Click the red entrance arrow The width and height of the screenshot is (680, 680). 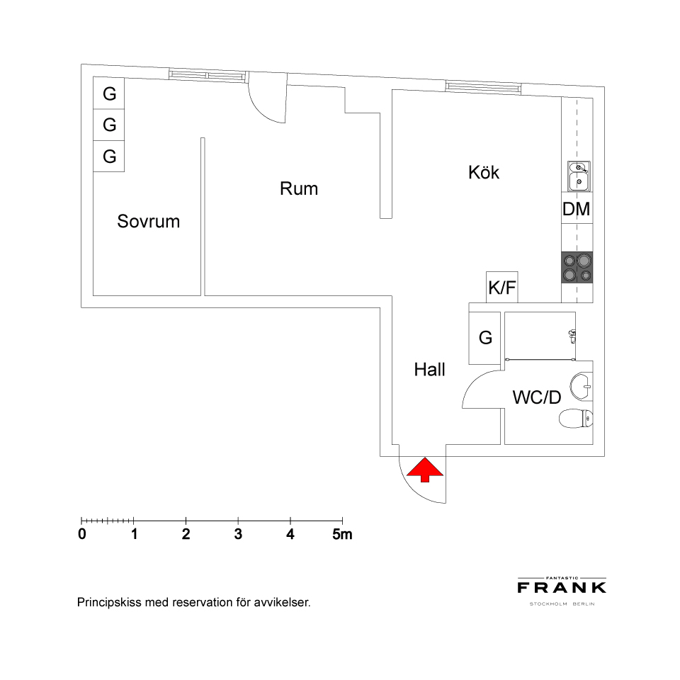(x=425, y=470)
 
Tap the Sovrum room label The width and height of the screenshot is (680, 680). (x=148, y=221)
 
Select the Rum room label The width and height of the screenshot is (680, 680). (x=299, y=188)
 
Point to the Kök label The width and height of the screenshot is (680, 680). (x=484, y=172)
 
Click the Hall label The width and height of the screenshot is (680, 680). (x=429, y=370)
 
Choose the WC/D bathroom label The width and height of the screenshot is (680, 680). (x=537, y=397)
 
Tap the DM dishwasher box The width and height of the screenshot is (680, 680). (x=577, y=208)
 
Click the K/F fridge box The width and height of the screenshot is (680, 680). (x=502, y=287)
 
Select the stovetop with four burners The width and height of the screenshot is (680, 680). (x=577, y=267)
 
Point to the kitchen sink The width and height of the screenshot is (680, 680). (x=579, y=176)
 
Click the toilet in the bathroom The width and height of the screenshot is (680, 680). (x=576, y=419)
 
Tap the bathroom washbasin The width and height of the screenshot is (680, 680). (x=581, y=385)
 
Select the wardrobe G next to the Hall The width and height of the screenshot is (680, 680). (x=484, y=338)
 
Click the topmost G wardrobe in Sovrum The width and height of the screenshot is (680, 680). (x=109, y=93)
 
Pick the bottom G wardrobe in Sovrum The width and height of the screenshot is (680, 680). (x=109, y=156)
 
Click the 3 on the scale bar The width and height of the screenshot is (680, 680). (x=238, y=534)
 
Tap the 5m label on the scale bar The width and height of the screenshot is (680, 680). (x=342, y=534)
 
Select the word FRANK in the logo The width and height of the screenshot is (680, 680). (x=562, y=588)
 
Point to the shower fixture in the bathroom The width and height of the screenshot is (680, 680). (x=572, y=336)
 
